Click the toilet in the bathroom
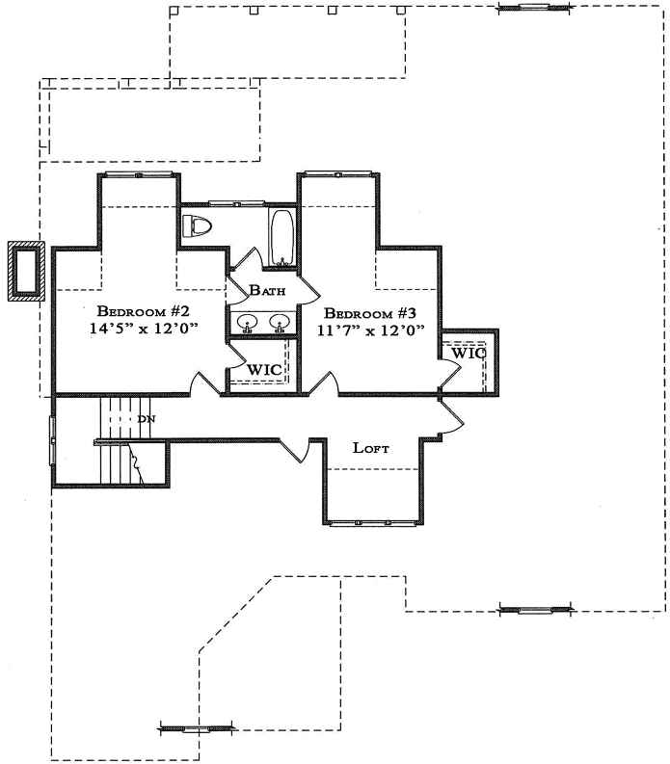[196, 227]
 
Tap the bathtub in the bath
[282, 237]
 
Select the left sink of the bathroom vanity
[247, 322]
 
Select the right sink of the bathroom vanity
[280, 322]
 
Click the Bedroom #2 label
[147, 312]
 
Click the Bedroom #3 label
[370, 313]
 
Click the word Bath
[267, 290]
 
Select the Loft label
[371, 447]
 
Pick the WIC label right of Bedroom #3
[469, 353]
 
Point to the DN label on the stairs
[147, 419]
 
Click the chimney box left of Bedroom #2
[24, 271]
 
